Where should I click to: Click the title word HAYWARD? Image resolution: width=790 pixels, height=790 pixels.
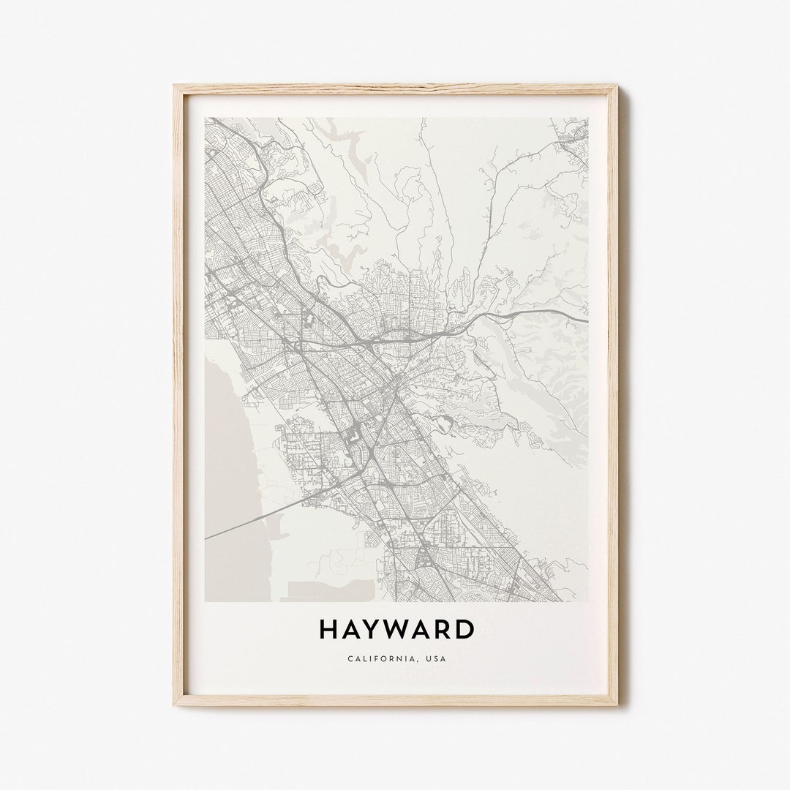pos(396,630)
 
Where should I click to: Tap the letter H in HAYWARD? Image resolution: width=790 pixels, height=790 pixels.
pos(327,630)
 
